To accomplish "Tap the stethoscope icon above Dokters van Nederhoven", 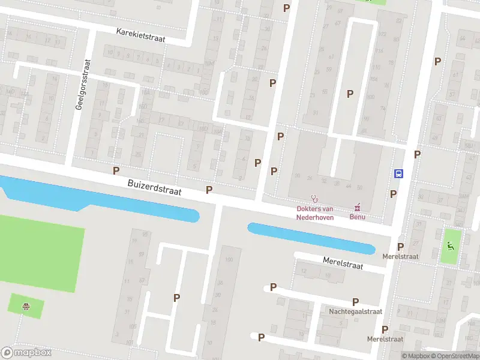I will coord(313,199).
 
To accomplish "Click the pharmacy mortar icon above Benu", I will coord(358,207).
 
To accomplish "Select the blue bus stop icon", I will coord(398,173).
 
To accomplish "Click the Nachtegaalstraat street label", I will coord(355,312).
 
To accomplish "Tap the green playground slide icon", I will coord(451,245).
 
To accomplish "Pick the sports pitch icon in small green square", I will coord(26,307).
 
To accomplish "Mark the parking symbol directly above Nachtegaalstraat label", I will coord(355,302).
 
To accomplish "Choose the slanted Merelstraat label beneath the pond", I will coord(343,263).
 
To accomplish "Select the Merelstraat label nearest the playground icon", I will coord(401,256).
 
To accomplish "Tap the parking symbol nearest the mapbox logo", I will coord(176,298).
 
